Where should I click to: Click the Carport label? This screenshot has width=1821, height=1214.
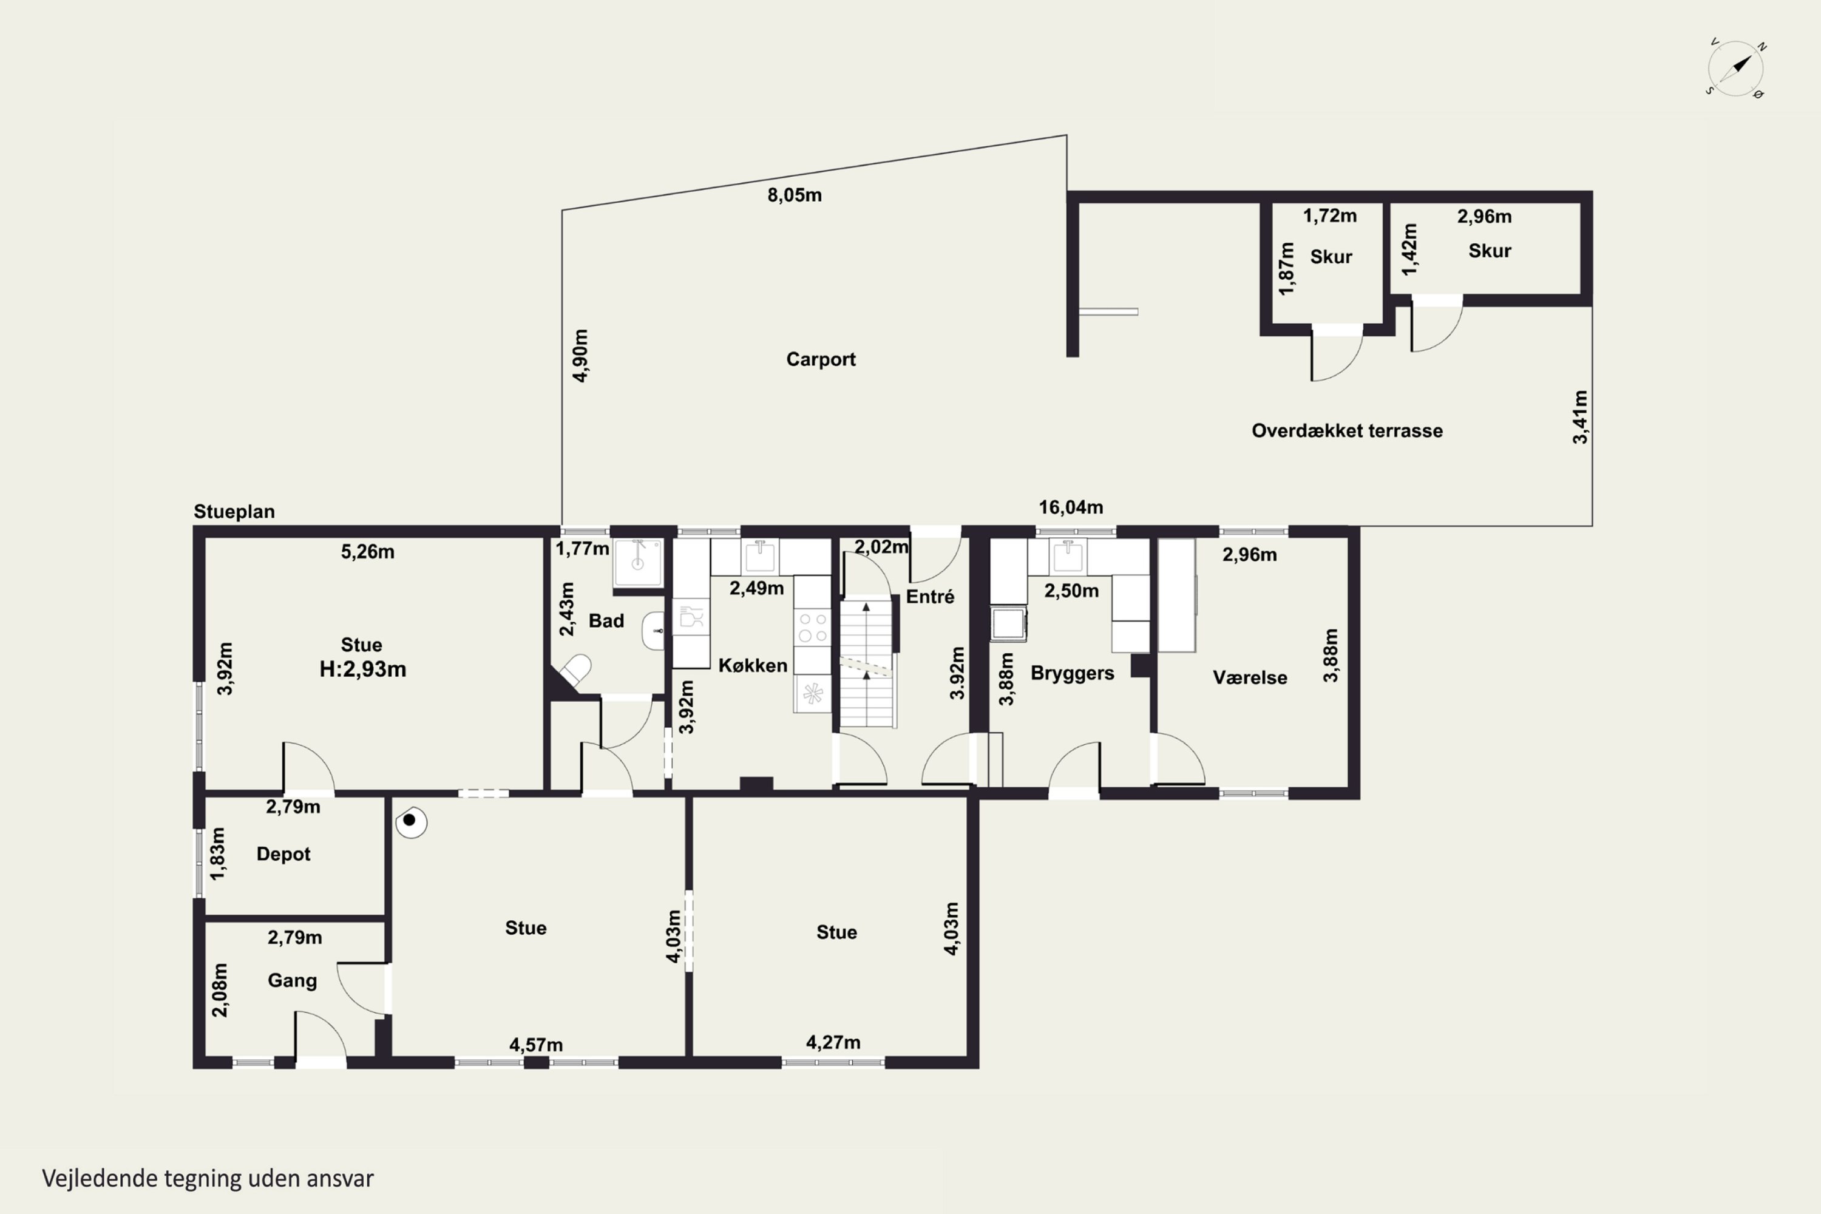[821, 359]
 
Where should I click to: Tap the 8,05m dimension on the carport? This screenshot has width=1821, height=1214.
[795, 195]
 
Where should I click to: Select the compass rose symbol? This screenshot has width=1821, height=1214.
[1736, 68]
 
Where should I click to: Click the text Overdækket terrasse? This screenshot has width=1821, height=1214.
[1347, 430]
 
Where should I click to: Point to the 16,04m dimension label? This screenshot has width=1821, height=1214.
[1071, 507]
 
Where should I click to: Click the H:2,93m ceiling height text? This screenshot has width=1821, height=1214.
[363, 669]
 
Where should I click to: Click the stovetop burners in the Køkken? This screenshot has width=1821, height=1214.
[812, 627]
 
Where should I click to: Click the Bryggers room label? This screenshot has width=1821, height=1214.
[1073, 673]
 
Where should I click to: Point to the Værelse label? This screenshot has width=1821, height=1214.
[1250, 677]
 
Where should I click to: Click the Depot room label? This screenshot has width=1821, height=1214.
[283, 854]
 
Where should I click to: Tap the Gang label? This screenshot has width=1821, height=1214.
[292, 981]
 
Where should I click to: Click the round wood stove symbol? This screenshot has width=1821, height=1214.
[411, 821]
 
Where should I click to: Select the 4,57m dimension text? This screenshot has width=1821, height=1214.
[536, 1045]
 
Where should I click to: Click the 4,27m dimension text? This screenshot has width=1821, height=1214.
[833, 1043]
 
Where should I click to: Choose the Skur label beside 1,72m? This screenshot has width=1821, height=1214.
[1331, 257]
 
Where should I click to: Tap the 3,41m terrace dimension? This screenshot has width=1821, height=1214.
[1580, 418]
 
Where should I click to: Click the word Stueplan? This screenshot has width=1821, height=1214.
[234, 512]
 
